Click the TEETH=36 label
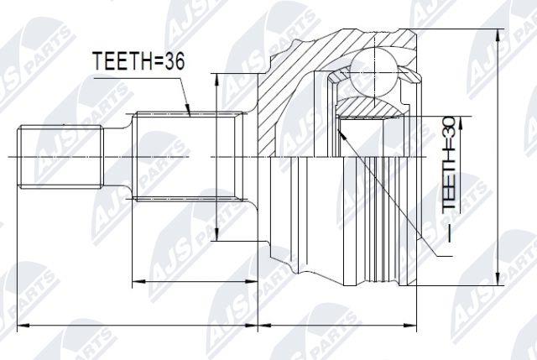pos(138,61)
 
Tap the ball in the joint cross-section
pos(375,73)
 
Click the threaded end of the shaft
pos(60,157)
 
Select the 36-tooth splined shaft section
pos(188,156)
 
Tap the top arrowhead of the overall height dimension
pos(498,35)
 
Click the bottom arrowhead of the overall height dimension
pos(498,279)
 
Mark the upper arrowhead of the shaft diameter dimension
pos(216,80)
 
